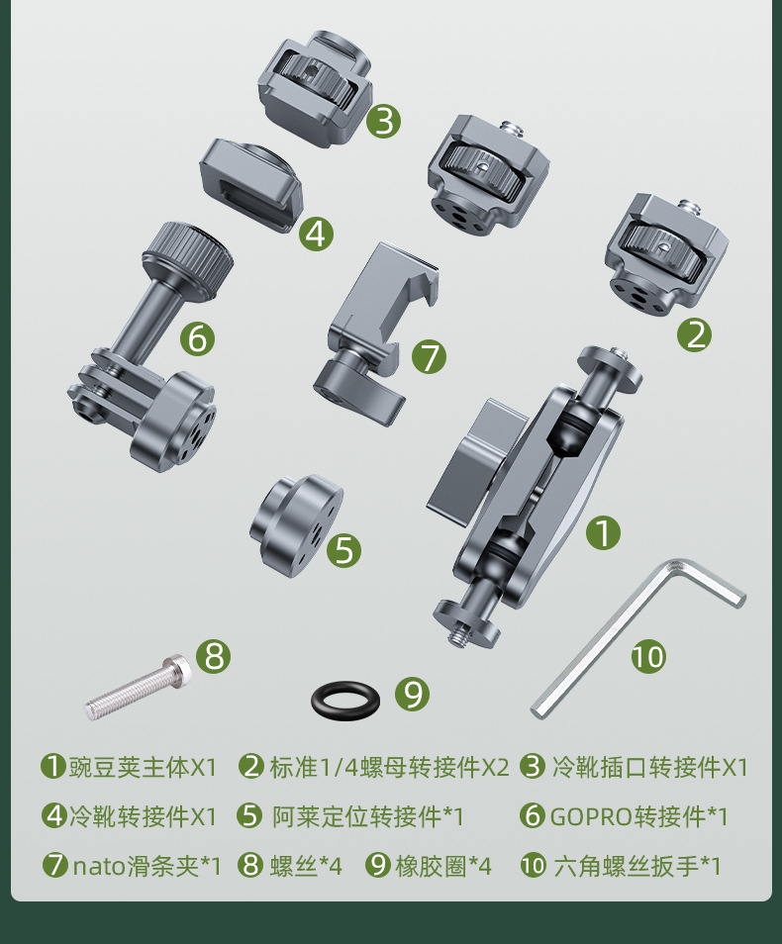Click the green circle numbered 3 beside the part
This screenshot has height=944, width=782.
click(x=384, y=121)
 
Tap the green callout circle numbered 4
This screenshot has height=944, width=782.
click(x=317, y=234)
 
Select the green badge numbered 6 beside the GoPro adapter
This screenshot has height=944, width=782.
click(x=198, y=338)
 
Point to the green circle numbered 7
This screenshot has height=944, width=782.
click(x=429, y=356)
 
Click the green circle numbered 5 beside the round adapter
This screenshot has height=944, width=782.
click(x=344, y=550)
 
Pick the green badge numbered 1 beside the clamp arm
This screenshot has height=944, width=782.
click(x=603, y=532)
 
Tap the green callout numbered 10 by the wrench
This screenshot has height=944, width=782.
click(x=648, y=656)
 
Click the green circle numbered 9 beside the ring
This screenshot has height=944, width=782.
click(x=412, y=695)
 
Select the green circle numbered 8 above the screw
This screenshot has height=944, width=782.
click(x=214, y=656)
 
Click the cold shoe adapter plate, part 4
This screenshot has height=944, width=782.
click(x=251, y=184)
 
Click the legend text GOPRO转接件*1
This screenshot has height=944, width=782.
click(x=639, y=816)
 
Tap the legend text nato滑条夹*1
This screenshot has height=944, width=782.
click(x=147, y=866)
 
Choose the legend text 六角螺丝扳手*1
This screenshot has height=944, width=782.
click(x=636, y=866)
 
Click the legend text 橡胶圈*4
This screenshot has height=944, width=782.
click(x=443, y=866)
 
